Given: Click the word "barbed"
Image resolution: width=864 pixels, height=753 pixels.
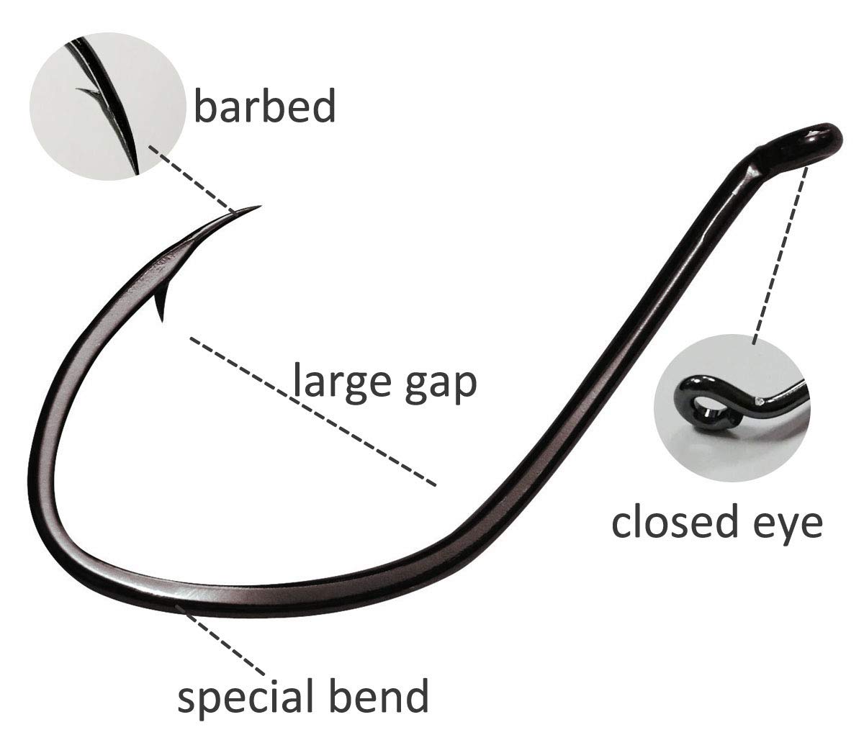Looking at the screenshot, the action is coord(264,106).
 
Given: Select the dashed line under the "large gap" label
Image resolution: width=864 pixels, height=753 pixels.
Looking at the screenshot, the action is coord(313,410).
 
